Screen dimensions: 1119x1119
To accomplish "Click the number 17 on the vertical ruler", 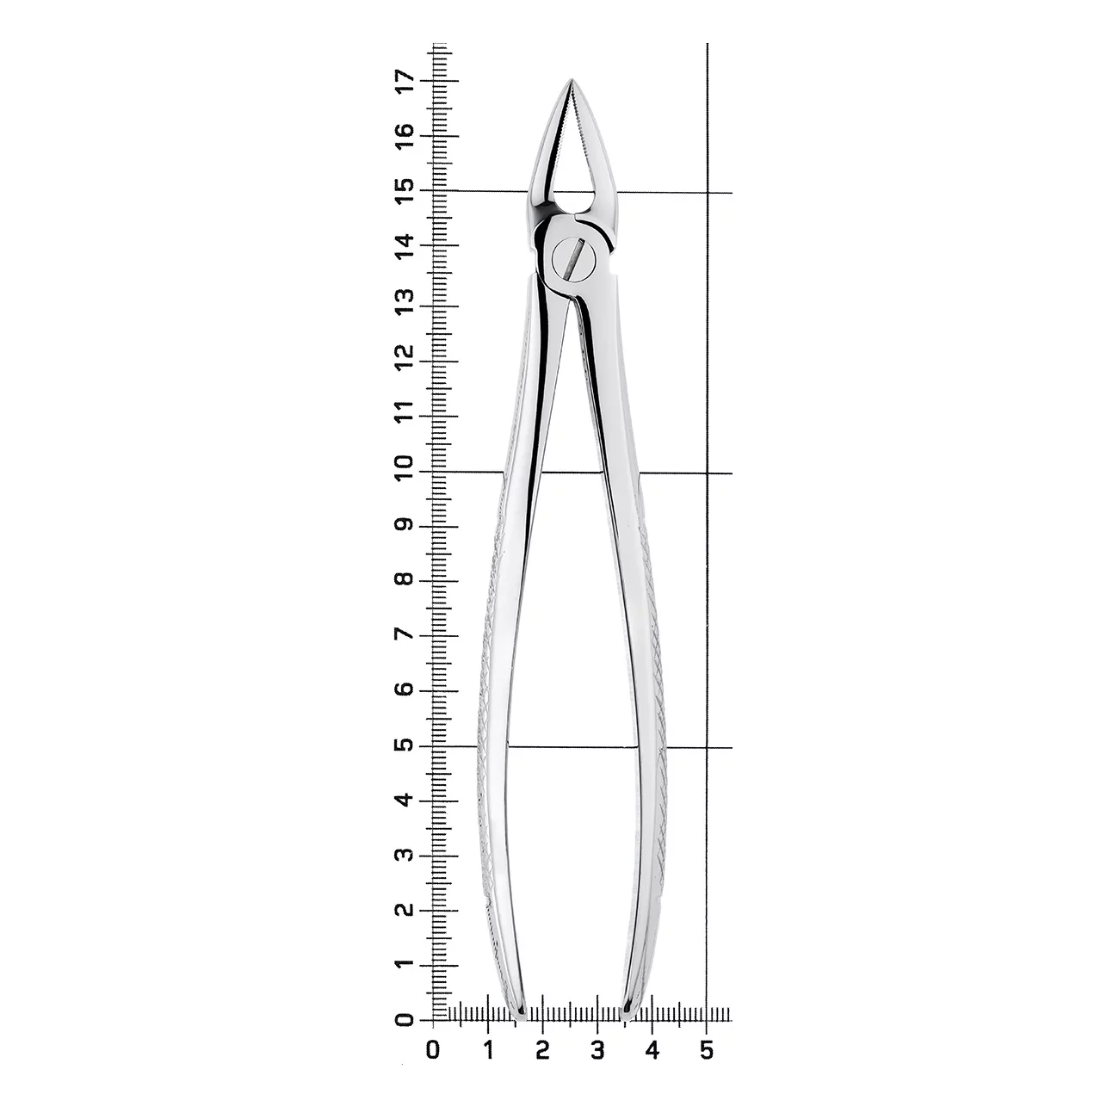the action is pos(405,81).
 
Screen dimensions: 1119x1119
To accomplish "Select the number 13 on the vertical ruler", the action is pos(405,300).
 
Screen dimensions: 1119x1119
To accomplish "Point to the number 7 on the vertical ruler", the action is pos(405,634).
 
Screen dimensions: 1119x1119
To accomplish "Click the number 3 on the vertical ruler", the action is pos(405,855).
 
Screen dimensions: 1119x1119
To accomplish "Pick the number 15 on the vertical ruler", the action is pos(405,190).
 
